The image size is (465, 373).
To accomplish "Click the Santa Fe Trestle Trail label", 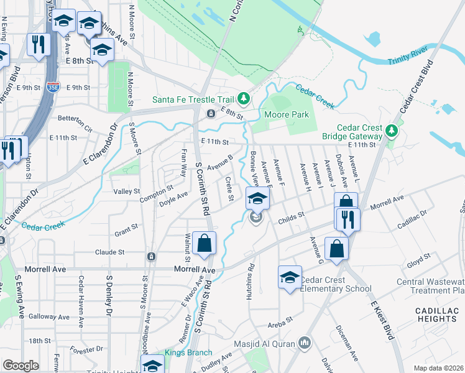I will pyautogui.click(x=193, y=99).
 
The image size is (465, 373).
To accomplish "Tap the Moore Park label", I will pyautogui.click(x=287, y=114).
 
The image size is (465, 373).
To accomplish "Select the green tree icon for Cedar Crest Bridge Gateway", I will pyautogui.click(x=390, y=130).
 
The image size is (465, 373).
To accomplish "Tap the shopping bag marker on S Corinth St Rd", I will pyautogui.click(x=204, y=244).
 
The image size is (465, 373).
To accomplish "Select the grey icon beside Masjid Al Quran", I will pyautogui.click(x=305, y=343).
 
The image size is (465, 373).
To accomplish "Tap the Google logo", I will pyautogui.click(x=21, y=366).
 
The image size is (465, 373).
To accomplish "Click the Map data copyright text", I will pyautogui.click(x=439, y=368).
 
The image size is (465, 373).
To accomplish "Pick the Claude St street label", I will pyautogui.click(x=110, y=252).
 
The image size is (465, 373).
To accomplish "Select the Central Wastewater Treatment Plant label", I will pyautogui.click(x=430, y=286).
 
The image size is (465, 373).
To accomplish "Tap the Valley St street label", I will pyautogui.click(x=127, y=191).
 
